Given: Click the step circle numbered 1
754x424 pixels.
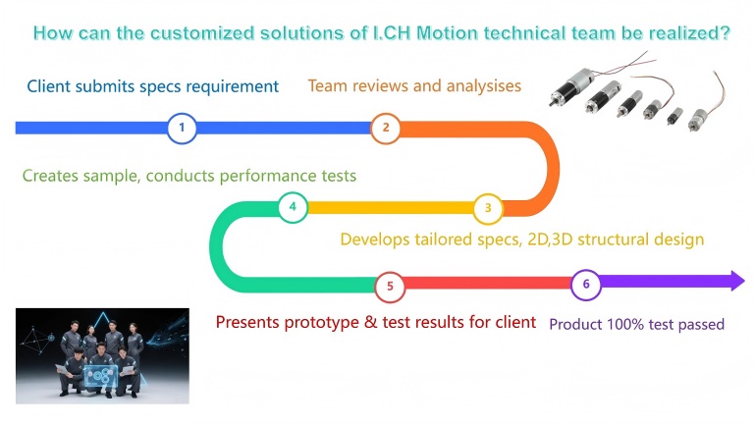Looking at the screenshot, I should click(x=182, y=128).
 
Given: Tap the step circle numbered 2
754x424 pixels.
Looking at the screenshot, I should click(x=386, y=128).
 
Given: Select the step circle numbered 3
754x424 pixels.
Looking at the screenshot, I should click(x=488, y=208).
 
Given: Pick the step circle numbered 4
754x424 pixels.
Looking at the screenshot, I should click(x=293, y=207).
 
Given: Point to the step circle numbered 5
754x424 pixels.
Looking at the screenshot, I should click(x=390, y=287).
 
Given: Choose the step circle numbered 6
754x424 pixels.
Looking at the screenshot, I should click(x=586, y=285).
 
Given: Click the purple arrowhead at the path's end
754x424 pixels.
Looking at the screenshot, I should click(x=735, y=282).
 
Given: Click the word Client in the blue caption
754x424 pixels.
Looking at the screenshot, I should click(x=50, y=86).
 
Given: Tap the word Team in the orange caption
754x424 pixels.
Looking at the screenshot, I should click(x=329, y=86).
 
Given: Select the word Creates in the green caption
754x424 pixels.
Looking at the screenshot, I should click(x=50, y=176).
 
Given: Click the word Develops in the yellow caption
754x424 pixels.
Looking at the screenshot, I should click(x=373, y=239).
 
